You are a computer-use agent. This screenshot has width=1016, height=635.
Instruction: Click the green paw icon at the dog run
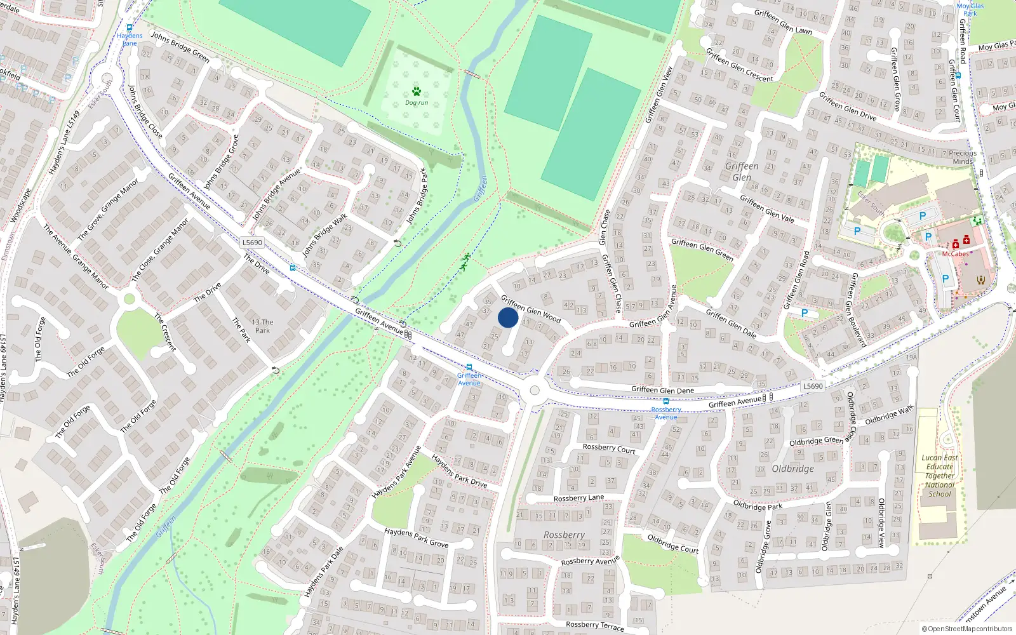[x=417, y=91]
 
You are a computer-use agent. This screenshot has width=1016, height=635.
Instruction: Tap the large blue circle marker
[x=508, y=317]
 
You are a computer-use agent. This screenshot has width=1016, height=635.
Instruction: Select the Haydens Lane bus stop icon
[x=130, y=28]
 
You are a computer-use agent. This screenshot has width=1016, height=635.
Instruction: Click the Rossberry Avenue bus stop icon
[x=665, y=401]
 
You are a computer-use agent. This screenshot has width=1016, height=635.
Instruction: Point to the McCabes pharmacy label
[x=955, y=254]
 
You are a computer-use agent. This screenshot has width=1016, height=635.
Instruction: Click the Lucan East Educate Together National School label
[x=940, y=476]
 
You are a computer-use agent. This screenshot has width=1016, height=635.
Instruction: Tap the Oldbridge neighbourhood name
[x=792, y=469]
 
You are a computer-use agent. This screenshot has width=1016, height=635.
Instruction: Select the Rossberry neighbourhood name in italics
[x=564, y=535]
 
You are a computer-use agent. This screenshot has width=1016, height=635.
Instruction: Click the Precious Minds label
[x=963, y=157]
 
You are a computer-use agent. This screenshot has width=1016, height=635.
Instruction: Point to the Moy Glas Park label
[x=970, y=10]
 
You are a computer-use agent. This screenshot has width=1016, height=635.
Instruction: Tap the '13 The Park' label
[x=262, y=326]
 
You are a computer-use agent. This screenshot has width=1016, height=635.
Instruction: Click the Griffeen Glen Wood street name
[x=531, y=308]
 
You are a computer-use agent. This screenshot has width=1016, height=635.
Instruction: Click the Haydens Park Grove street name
[x=416, y=537]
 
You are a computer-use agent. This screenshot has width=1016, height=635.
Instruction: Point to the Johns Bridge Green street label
[x=180, y=46]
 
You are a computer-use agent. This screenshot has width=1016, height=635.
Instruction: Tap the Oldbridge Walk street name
[x=889, y=415]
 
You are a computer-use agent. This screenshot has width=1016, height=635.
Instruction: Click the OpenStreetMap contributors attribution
[x=968, y=629]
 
